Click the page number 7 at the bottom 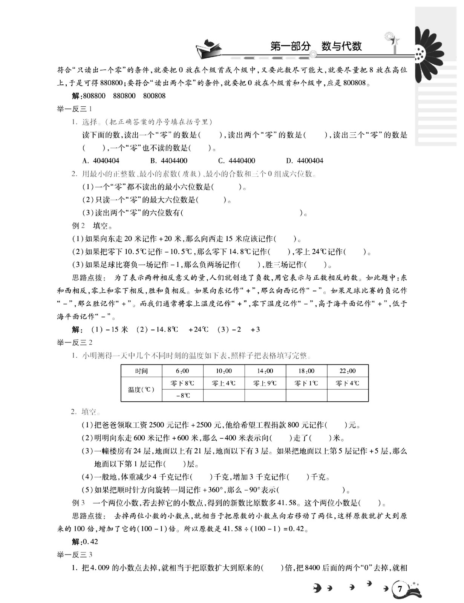point(400,589)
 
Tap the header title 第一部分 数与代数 point(316,46)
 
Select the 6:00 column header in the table point(182,371)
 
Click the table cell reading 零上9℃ point(265,383)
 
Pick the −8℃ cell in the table point(182,395)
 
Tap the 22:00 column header point(348,371)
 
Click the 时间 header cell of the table point(141,371)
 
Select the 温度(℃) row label point(141,389)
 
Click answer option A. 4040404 point(101,161)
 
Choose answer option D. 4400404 point(305,161)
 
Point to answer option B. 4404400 point(168,161)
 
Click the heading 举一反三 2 point(75,343)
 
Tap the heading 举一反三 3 point(75,554)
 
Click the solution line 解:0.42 point(85,542)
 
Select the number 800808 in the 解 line point(154,96)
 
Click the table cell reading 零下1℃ point(306,383)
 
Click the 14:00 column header point(265,371)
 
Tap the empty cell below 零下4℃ point(348,395)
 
